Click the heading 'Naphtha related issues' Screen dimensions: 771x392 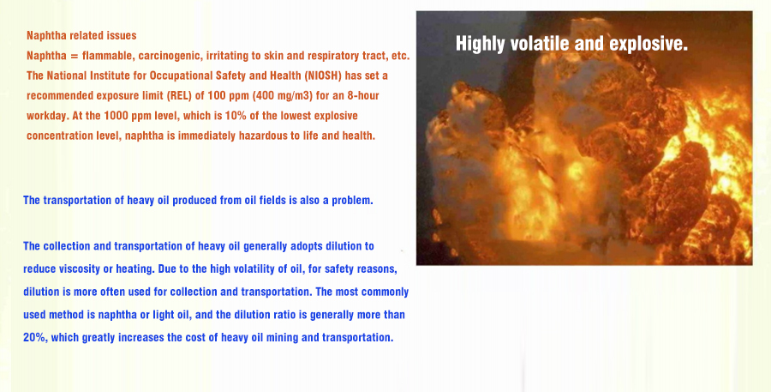(81, 35)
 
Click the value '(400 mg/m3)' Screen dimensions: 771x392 (282, 95)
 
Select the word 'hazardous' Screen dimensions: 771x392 (263, 136)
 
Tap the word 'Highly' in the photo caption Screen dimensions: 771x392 (473, 44)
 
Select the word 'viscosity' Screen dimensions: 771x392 (81, 269)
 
